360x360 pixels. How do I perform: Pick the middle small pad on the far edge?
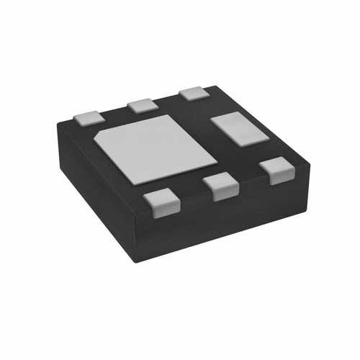(x=143, y=105)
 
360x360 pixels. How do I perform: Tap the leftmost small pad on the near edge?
(x=160, y=203)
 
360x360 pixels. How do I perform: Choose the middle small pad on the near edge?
(x=221, y=187)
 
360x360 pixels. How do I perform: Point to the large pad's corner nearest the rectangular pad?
(x=217, y=159)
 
